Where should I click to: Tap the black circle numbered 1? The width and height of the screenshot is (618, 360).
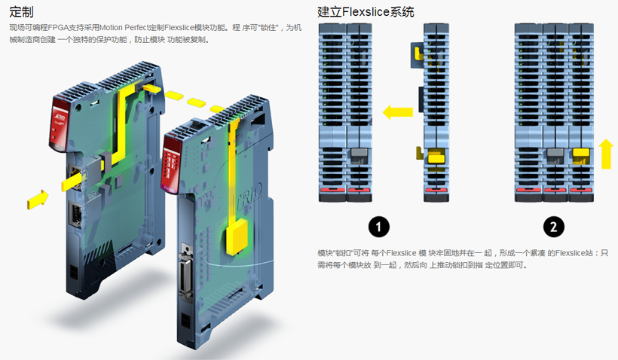378,226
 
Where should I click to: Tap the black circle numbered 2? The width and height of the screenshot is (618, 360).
554,226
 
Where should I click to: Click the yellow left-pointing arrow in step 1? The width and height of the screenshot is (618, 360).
398,112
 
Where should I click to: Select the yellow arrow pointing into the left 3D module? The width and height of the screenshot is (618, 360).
36,199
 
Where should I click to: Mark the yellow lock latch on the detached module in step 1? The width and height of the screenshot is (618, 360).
435,156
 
